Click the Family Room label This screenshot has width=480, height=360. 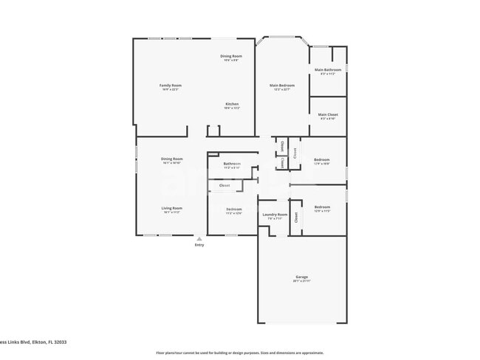click(171, 86)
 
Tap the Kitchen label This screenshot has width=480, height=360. click(232, 104)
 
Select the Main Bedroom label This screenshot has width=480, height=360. click(278, 86)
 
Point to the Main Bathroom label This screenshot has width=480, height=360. click(328, 70)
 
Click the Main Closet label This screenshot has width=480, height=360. click(328, 114)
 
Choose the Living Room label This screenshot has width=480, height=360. click(172, 208)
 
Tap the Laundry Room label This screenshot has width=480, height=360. click(273, 215)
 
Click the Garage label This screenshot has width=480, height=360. click(301, 277)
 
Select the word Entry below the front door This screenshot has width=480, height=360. click(199, 245)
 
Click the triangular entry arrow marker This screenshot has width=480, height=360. click(199, 239)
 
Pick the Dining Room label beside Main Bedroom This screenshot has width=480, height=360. click(231, 56)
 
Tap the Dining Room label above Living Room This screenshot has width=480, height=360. click(172, 159)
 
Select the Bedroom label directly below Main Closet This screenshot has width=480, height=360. click(322, 159)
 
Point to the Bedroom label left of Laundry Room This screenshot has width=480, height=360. click(234, 210)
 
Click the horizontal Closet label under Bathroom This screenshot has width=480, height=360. click(224, 185)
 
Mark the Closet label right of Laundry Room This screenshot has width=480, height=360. click(296, 218)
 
